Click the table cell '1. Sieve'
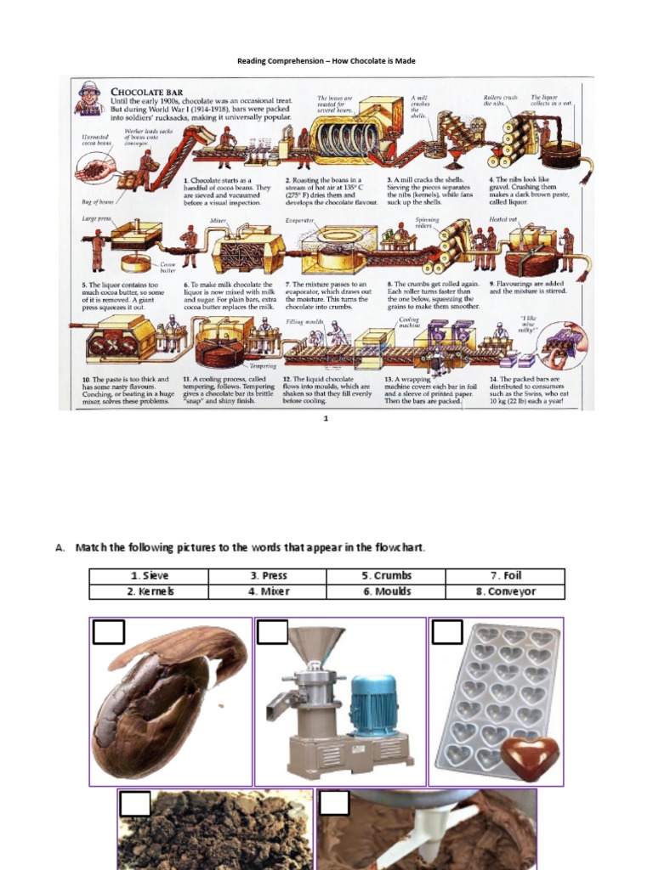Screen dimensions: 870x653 pos(149,576)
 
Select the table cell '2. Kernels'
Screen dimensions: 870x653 pos(149,591)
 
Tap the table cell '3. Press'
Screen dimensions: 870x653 pos(268,576)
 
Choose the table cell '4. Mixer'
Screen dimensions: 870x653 pos(268,591)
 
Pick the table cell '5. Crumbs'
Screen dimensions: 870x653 pos(387,576)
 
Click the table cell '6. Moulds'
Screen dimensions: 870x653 pos(387,591)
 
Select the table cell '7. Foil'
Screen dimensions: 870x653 pos(506,576)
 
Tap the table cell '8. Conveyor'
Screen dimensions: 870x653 pos(506,591)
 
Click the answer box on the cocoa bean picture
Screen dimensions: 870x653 pos(108,633)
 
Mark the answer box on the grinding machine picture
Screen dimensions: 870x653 pos(272,633)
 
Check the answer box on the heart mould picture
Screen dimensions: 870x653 pos(446,632)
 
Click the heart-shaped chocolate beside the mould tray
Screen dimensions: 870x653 pos(530,755)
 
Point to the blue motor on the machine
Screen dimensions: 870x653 pos(373,705)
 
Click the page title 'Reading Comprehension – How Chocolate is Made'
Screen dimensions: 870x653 pos(326,62)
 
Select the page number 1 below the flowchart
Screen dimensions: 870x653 pos(326,419)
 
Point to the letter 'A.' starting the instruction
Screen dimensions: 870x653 pos(60,548)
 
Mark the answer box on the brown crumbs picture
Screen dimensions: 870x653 pos(134,804)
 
